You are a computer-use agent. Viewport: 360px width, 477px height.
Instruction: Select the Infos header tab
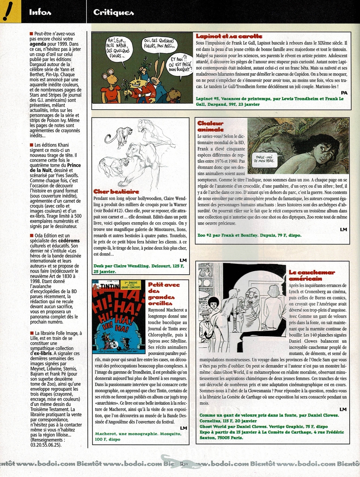pyautogui.click(x=40, y=12)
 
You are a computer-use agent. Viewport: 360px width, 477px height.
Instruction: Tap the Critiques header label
pyautogui.click(x=113, y=12)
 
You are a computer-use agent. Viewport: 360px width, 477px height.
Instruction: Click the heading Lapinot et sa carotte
pyautogui.click(x=226, y=36)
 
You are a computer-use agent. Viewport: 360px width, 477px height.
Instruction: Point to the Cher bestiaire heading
pyautogui.click(x=116, y=191)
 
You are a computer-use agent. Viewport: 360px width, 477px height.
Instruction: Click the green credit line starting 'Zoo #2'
pyautogui.click(x=249, y=235)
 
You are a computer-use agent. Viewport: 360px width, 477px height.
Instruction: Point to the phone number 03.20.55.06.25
pyautogui.click(x=46, y=445)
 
